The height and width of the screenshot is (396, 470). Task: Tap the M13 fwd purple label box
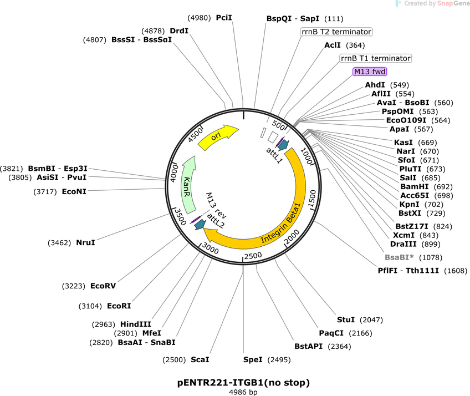pos(370,72)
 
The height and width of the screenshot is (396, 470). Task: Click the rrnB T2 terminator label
pos(336,32)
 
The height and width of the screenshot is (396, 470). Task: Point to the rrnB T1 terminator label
pos(376,58)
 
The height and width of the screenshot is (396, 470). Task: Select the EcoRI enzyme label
pos(119,306)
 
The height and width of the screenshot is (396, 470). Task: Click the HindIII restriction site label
pos(135,324)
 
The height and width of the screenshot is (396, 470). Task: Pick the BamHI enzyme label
pos(415,186)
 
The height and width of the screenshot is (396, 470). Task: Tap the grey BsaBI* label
pos(399,257)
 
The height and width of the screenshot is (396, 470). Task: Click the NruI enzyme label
pos(85,243)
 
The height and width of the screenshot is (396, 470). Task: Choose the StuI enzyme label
pos(346,320)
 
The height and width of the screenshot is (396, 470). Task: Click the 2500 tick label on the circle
pos(253,256)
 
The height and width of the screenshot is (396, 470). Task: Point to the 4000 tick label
pos(174,173)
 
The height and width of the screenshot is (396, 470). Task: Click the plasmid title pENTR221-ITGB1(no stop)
pos(243,383)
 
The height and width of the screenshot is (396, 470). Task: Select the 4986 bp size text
pos(243,392)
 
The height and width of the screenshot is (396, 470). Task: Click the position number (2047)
pos(371,320)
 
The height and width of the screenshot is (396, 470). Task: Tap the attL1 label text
pos(274,155)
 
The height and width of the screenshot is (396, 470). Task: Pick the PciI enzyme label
pos(224,18)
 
